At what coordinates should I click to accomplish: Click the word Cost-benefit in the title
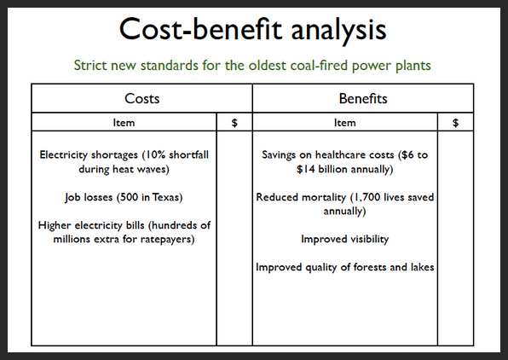point(200,29)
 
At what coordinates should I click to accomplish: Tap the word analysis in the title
point(338,31)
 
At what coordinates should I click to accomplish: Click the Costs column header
point(141,99)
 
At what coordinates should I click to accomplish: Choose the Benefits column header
point(363,99)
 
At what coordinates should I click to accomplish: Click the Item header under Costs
point(124,123)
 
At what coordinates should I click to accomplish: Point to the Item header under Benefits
point(344,123)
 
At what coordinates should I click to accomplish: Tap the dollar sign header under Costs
point(234,123)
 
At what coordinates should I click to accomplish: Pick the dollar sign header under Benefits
point(455,123)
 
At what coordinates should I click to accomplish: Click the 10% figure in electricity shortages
point(155,154)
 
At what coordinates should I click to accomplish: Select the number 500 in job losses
point(130,197)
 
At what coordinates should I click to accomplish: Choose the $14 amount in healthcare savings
point(305,169)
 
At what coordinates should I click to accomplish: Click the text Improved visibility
point(344,239)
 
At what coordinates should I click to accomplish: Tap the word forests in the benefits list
point(370,267)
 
